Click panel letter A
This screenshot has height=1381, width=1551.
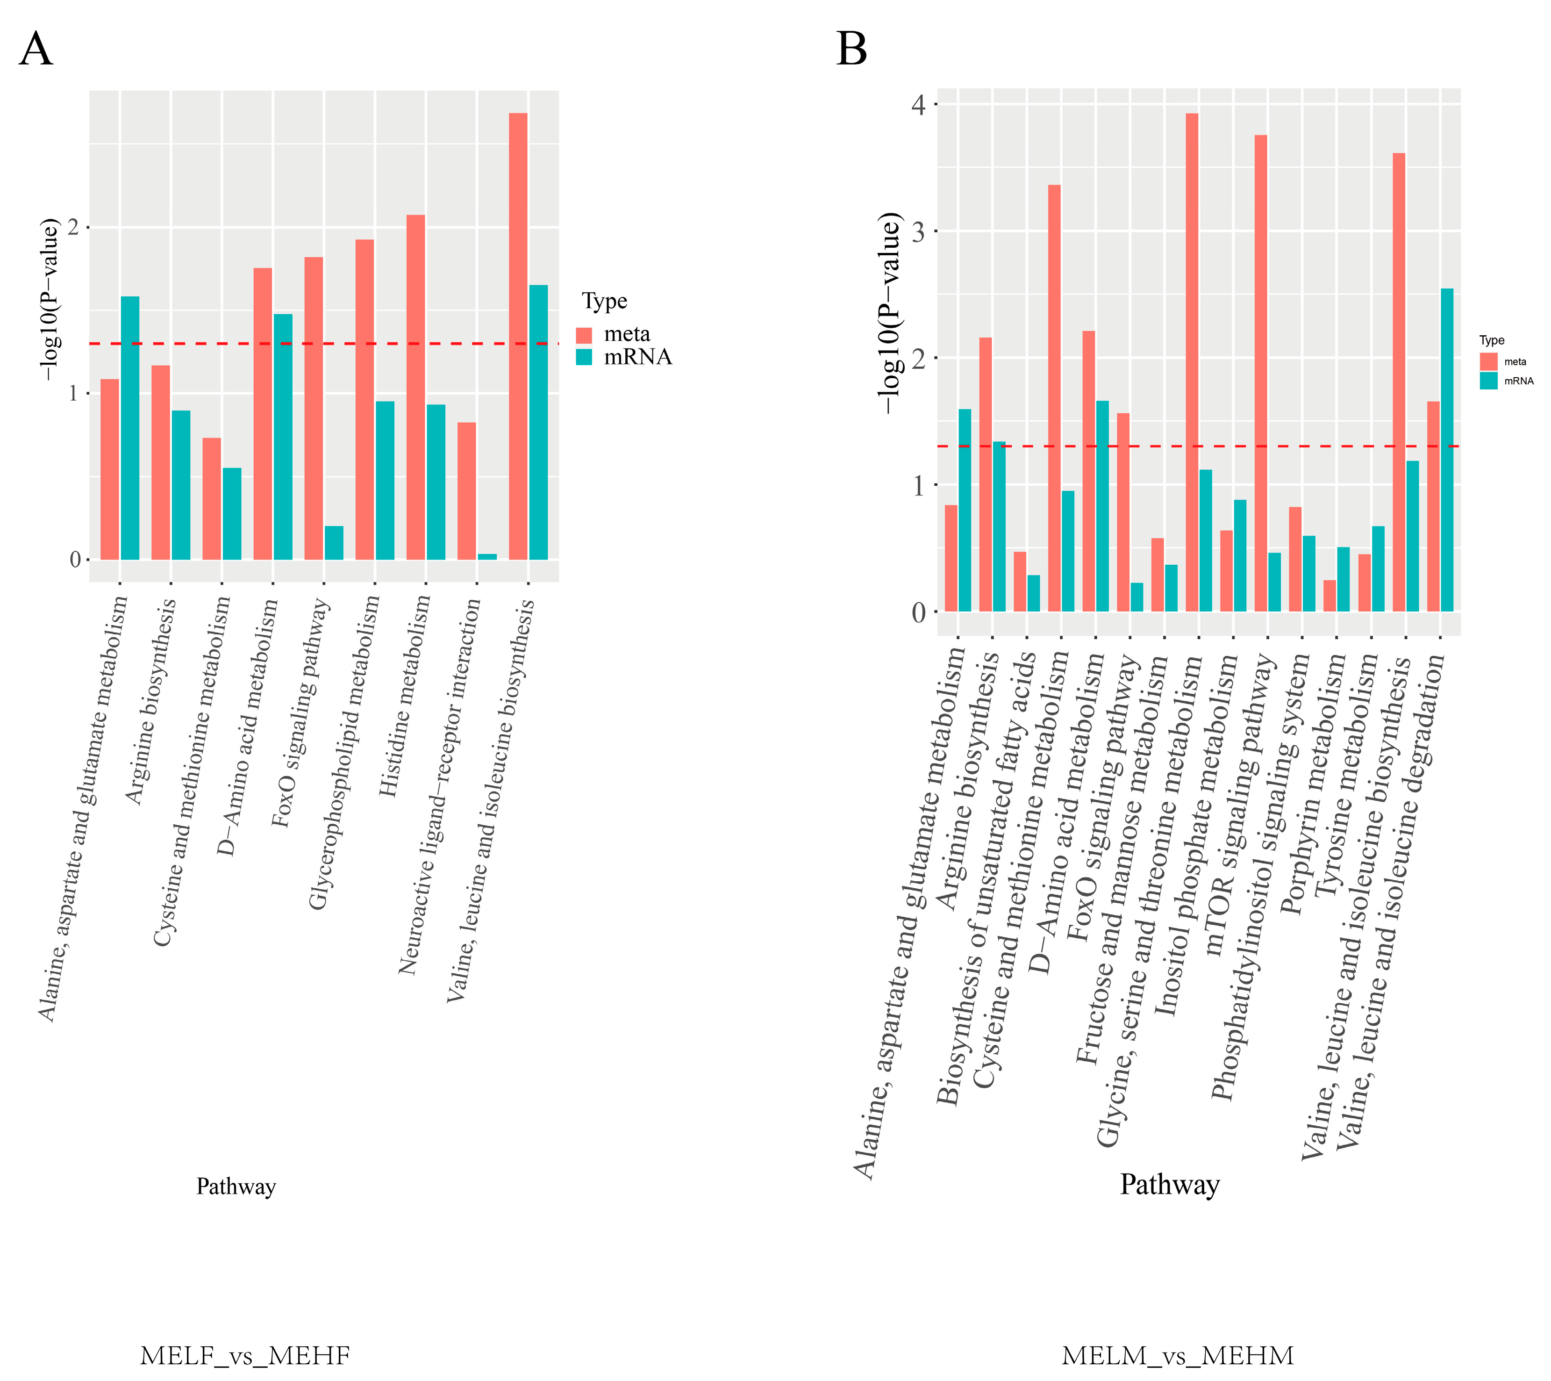pos(36,50)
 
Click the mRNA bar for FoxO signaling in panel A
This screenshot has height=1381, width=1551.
pos(334,543)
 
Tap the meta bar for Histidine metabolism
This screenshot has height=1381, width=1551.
pos(416,387)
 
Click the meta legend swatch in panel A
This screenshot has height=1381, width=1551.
pos(584,335)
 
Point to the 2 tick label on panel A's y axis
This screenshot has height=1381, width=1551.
pos(74,228)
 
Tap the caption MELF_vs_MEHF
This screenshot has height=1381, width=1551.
pos(245,1355)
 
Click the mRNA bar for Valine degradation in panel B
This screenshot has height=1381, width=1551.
pos(1447,450)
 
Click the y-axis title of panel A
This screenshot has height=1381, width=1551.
pos(50,299)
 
